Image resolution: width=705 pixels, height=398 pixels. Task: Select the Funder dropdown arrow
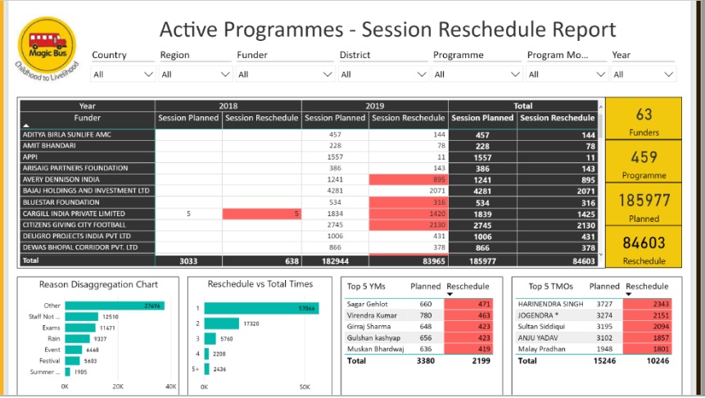(328, 75)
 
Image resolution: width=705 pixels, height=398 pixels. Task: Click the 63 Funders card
(644, 120)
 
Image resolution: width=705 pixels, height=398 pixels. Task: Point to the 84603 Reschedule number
(644, 242)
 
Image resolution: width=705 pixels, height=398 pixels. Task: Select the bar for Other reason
(114, 305)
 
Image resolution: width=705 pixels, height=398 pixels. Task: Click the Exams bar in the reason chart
(81, 328)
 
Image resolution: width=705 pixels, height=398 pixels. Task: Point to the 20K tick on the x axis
(118, 386)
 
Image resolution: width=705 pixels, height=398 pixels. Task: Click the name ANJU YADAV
(538, 337)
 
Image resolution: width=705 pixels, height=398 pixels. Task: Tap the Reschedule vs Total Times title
(260, 284)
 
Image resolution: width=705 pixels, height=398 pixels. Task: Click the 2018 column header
(228, 106)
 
